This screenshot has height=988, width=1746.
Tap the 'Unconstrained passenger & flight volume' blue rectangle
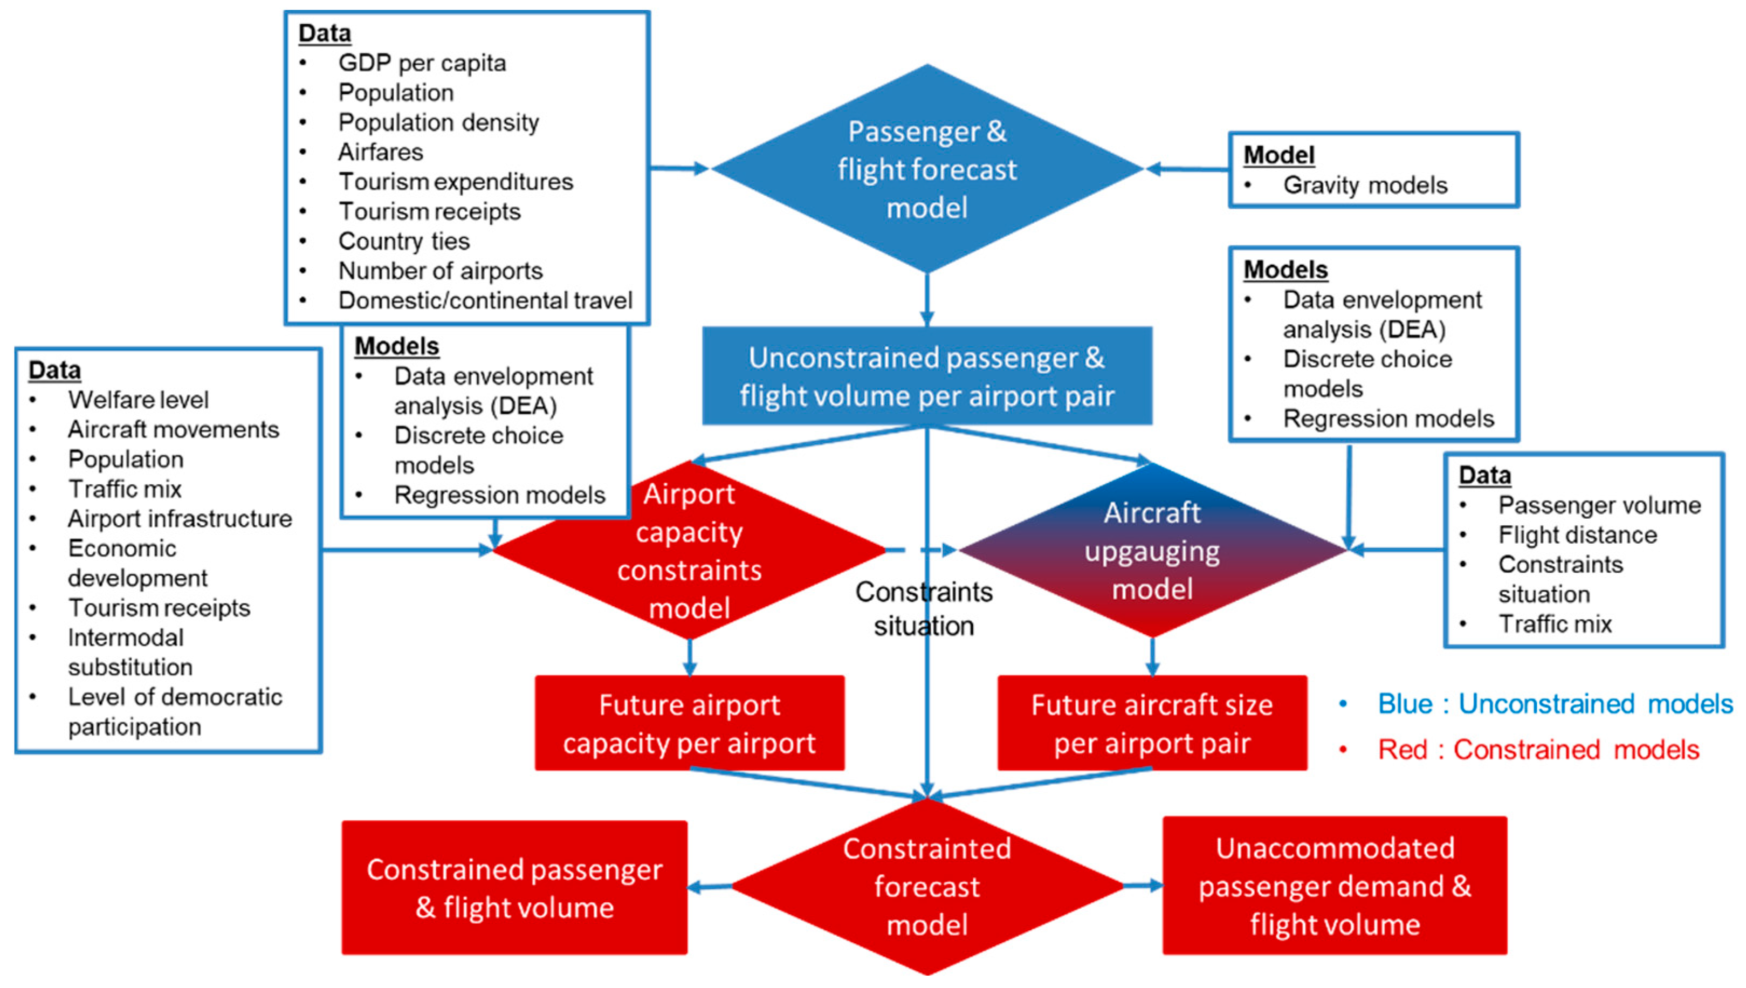click(x=926, y=376)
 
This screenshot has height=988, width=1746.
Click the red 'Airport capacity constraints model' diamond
click(x=689, y=550)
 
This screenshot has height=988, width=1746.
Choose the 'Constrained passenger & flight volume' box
click(x=514, y=888)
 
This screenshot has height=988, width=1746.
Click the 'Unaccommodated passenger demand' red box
click(x=1334, y=886)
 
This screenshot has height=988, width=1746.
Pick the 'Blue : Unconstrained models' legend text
click(x=1555, y=704)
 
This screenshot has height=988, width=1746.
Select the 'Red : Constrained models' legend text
click(x=1538, y=750)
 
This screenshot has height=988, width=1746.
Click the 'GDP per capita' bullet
click(x=422, y=63)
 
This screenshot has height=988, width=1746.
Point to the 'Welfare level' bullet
click(x=138, y=400)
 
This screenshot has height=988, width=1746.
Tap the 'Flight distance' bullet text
click(x=1577, y=534)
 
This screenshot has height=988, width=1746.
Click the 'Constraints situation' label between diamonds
click(x=923, y=609)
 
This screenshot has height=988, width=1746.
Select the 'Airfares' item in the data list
click(x=381, y=152)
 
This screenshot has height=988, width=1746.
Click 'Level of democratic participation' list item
click(x=174, y=711)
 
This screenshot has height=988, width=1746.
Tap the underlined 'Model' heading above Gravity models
click(x=1278, y=155)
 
